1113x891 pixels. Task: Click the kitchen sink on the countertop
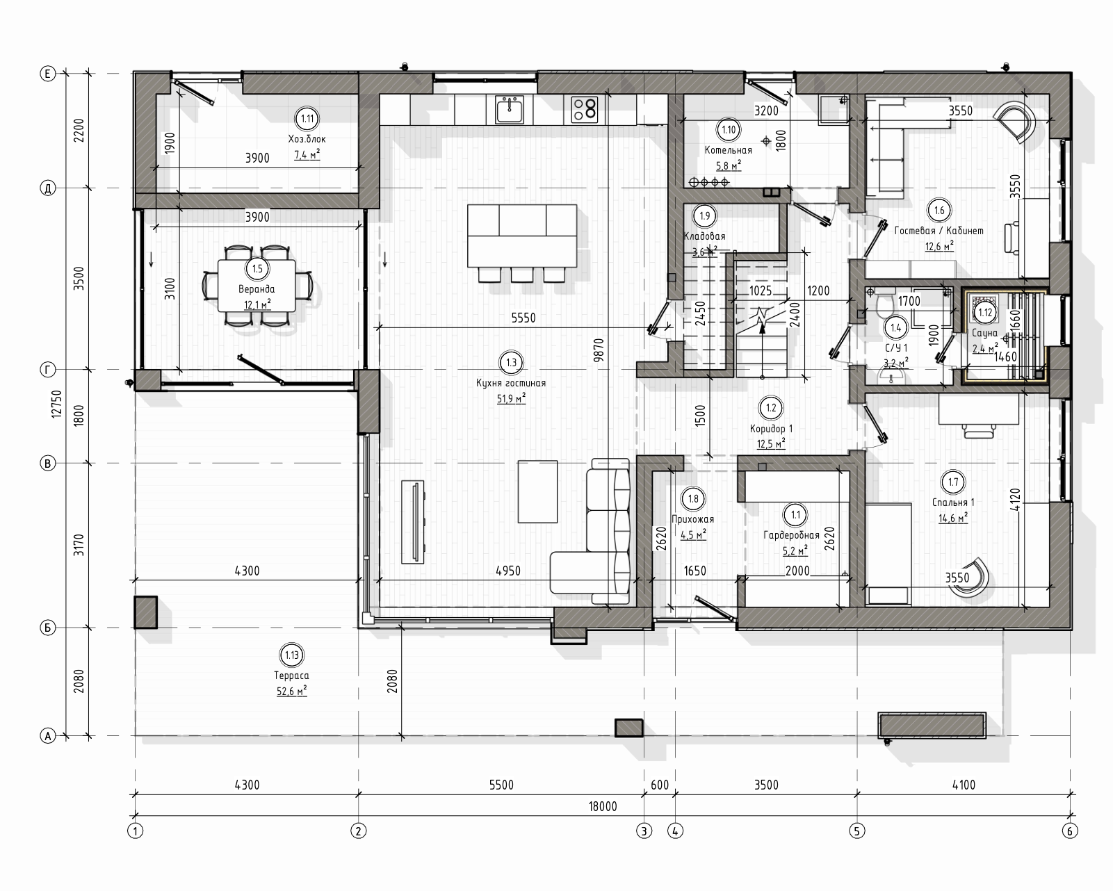(510, 110)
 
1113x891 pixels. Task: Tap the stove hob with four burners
(585, 110)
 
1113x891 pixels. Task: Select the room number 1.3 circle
(511, 363)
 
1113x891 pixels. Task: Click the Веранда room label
(257, 289)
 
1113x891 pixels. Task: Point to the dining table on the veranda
(257, 286)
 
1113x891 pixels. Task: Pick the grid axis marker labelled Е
(47, 74)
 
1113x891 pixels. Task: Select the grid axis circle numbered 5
(857, 831)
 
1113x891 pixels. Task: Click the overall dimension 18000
(603, 807)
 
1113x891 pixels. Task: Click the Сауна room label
(984, 333)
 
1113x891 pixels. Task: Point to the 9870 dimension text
(599, 350)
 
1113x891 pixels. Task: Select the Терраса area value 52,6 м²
(292, 692)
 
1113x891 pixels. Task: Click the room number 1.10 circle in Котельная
(728, 130)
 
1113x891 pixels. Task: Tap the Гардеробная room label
(791, 535)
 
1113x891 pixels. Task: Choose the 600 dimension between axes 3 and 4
(660, 785)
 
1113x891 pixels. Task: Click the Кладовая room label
(704, 236)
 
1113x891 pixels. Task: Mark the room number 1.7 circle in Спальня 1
(952, 482)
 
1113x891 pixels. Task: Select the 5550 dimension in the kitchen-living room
(523, 318)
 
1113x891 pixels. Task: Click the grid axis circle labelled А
(47, 736)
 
